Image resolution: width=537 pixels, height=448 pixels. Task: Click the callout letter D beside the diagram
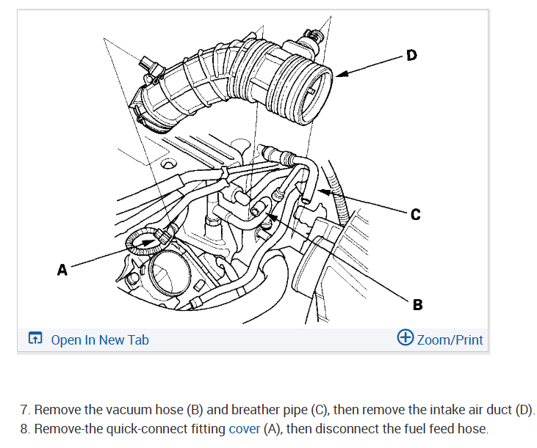pyautogui.click(x=411, y=54)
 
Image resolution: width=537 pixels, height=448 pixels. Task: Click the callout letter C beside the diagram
pyautogui.click(x=416, y=214)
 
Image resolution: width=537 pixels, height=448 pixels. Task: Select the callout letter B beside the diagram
pyautogui.click(x=418, y=304)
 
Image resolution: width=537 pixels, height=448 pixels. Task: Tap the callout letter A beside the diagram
pyautogui.click(x=62, y=271)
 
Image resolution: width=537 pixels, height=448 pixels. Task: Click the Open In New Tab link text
pyautogui.click(x=100, y=339)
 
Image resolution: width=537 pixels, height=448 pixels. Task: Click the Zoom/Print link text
pyautogui.click(x=450, y=339)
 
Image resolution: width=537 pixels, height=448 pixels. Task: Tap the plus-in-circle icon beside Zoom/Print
pyautogui.click(x=405, y=338)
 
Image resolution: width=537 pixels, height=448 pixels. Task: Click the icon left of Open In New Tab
pyautogui.click(x=35, y=339)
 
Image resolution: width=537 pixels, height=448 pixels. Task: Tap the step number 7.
pyautogui.click(x=24, y=409)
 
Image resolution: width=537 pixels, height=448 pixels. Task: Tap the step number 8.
pyautogui.click(x=24, y=429)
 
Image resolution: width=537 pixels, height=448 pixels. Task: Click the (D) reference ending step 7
pyautogui.click(x=525, y=409)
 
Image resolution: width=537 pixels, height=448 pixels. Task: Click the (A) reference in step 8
pyautogui.click(x=272, y=429)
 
